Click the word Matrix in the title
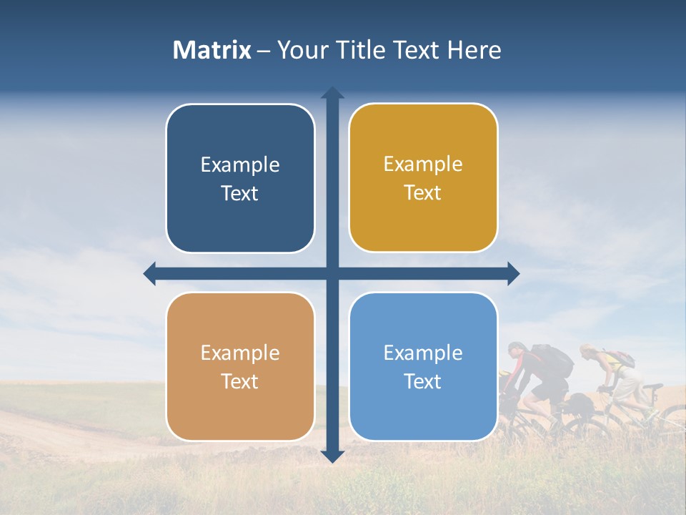[212, 50]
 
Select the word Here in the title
[474, 50]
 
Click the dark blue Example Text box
[240, 178]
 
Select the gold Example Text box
[423, 177]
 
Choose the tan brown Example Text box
[240, 366]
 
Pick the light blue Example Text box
[423, 366]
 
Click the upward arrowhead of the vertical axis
[332, 93]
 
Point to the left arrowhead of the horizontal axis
[150, 273]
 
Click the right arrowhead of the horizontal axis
[512, 273]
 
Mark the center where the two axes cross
[332, 273]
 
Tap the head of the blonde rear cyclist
[587, 351]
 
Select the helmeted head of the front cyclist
[517, 350]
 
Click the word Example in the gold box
[423, 165]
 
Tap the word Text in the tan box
[240, 381]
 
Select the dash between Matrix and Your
[264, 51]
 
